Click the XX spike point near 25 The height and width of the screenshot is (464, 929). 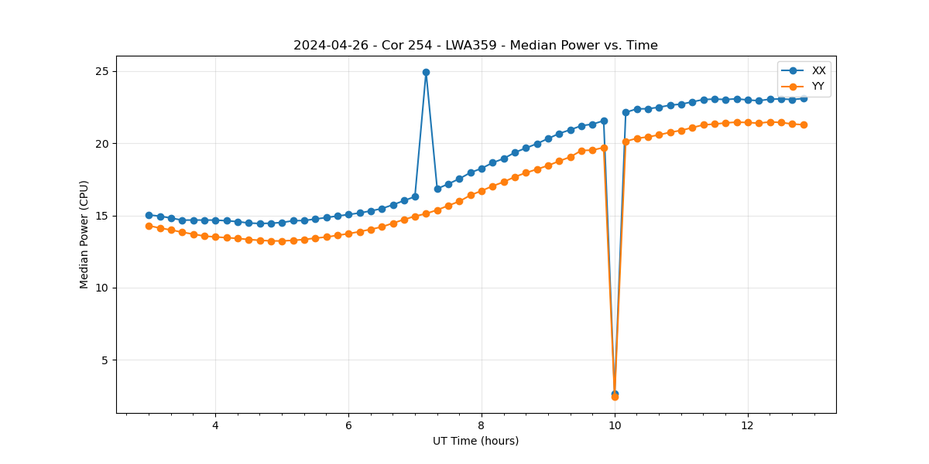426,72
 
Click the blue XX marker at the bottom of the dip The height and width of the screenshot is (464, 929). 615,394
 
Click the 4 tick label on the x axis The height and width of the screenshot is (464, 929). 215,425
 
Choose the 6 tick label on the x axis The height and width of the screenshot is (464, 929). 348,425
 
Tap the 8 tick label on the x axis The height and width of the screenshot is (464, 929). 482,425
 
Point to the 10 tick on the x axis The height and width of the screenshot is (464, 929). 615,425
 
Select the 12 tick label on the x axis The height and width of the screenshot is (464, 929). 748,425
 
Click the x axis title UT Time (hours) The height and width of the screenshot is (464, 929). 475,441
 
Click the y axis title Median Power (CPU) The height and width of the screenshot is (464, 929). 84,234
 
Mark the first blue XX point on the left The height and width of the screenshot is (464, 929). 149,215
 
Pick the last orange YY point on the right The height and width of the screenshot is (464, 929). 804,125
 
